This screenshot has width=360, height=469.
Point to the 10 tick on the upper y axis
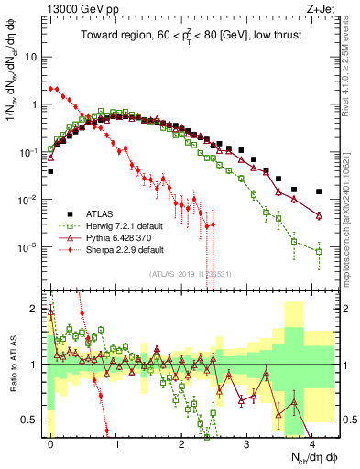coord(32,56)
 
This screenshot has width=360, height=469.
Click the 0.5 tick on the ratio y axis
coord(32,420)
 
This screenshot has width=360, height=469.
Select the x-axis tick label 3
coord(246,441)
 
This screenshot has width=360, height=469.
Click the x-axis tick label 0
coord(50,441)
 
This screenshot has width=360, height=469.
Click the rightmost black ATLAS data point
coord(318,192)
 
